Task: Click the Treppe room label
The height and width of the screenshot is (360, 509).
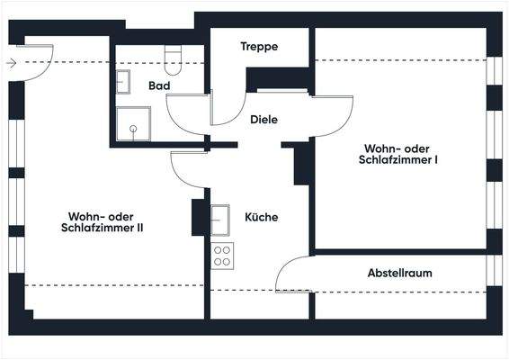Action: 259,47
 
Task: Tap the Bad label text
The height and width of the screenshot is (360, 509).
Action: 160,85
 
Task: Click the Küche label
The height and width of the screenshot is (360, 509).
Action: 261,218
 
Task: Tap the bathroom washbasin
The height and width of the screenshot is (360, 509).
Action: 122,81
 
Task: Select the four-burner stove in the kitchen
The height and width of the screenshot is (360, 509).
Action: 221,256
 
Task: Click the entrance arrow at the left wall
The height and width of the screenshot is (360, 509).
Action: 12,63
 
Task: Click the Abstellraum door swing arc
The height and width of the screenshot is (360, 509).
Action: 292,273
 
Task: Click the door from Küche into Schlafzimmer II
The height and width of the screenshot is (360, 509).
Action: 189,168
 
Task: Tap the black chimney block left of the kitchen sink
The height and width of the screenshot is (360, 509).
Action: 198,217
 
